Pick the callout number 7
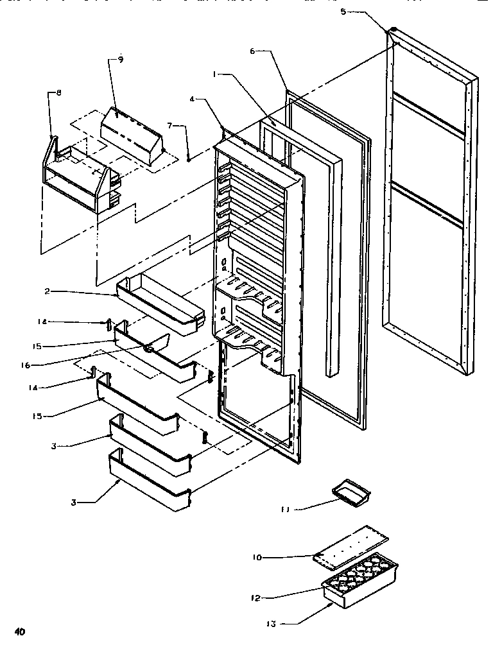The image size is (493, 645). (x=169, y=125)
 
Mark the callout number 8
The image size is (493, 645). (x=59, y=93)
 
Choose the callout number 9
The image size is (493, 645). (x=120, y=60)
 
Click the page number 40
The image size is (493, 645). (x=21, y=632)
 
